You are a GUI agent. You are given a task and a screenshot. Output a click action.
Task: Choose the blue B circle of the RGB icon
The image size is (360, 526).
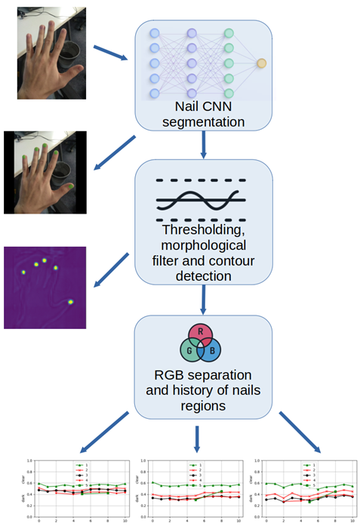click(x=212, y=352)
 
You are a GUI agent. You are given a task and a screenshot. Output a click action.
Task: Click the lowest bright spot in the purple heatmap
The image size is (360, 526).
click(x=71, y=302)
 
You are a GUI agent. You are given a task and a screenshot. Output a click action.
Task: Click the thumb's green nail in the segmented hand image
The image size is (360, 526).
click(x=69, y=186)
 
